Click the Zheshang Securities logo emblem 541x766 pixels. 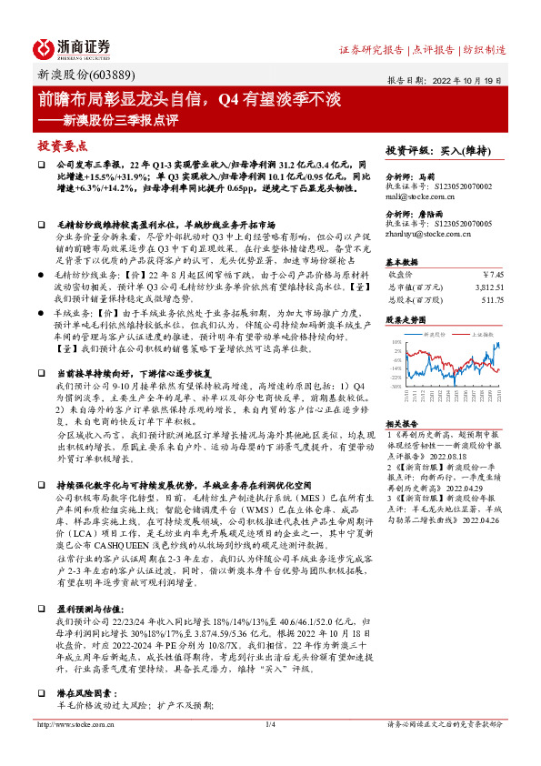pyautogui.click(x=45, y=48)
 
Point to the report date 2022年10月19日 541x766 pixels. pyautogui.click(x=477, y=78)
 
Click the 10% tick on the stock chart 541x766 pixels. pyautogui.click(x=396, y=342)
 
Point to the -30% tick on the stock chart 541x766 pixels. pyautogui.click(x=395, y=386)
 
